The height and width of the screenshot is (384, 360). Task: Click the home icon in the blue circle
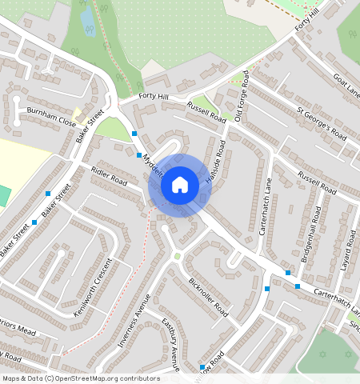click(180, 185)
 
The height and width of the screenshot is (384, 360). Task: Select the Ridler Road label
click(109, 175)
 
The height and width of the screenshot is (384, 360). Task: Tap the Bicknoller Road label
click(208, 298)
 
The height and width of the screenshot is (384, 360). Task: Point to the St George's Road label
click(321, 122)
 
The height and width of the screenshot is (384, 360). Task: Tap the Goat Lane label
click(346, 85)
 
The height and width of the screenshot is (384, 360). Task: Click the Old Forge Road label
click(244, 94)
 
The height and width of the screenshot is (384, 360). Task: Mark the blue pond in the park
click(87, 22)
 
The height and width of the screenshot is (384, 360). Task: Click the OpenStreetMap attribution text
click(81, 378)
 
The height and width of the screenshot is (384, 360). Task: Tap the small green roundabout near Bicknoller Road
click(178, 256)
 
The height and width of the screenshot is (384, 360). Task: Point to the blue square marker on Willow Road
click(202, 367)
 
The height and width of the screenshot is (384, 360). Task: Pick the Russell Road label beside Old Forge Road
click(206, 110)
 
